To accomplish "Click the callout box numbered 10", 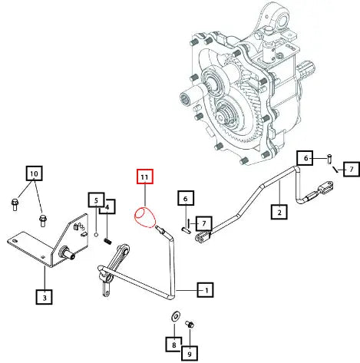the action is pyautogui.click(x=34, y=173).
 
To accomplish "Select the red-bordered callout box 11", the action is pyautogui.click(x=145, y=177).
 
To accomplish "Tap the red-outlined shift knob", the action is pyautogui.click(x=145, y=217).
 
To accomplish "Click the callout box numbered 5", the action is pyautogui.click(x=96, y=200).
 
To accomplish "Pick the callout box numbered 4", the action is pyautogui.click(x=107, y=206).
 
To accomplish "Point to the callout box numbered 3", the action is pyautogui.click(x=45, y=297).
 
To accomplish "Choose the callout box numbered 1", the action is pyautogui.click(x=206, y=290).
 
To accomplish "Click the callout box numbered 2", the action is pyautogui.click(x=279, y=212).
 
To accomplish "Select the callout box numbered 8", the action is pyautogui.click(x=173, y=345).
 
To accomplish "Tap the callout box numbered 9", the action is pyautogui.click(x=190, y=353).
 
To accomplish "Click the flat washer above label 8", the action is pyautogui.click(x=175, y=317).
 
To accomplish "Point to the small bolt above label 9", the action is pyautogui.click(x=190, y=325).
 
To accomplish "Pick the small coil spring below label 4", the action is pyautogui.click(x=107, y=241).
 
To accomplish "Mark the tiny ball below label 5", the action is pyautogui.click(x=96, y=234).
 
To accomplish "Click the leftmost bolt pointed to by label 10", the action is pyautogui.click(x=15, y=205).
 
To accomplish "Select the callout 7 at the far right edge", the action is pyautogui.click(x=352, y=169).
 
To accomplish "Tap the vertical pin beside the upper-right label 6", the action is pyautogui.click(x=329, y=159).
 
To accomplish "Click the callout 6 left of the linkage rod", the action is pyautogui.click(x=186, y=198).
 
